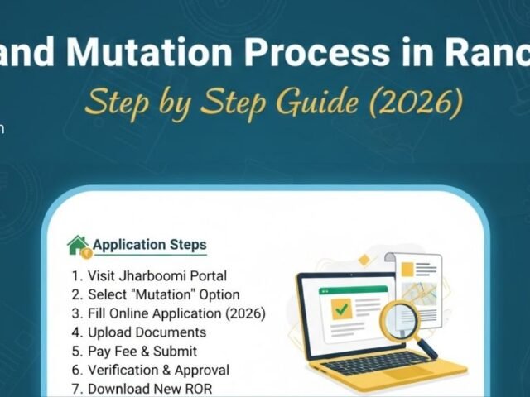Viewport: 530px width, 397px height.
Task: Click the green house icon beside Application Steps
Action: (x=78, y=246)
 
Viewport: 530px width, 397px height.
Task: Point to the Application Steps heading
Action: (x=149, y=245)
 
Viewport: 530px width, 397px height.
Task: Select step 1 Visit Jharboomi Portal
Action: (x=149, y=275)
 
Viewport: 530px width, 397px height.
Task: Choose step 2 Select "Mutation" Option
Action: (x=155, y=294)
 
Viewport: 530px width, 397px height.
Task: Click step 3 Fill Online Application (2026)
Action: (x=168, y=313)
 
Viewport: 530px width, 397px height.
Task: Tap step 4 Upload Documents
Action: (x=138, y=332)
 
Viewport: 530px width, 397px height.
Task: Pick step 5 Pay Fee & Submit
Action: (x=134, y=351)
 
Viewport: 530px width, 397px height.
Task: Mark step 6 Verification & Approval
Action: (x=150, y=370)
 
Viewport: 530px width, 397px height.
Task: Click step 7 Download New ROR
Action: (x=142, y=388)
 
